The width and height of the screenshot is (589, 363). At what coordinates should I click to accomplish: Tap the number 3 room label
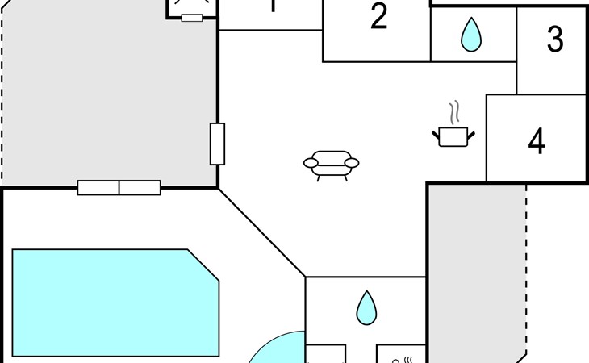coord(554,40)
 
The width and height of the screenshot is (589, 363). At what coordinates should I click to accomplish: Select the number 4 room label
coord(537,142)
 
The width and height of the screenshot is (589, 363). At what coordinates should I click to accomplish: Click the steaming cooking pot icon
coord(453,136)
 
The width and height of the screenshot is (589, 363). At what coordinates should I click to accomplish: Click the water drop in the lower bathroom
coord(367,307)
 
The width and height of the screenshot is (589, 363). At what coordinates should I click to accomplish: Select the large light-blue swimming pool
coord(113,302)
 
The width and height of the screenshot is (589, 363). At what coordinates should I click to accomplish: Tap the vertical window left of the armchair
coord(217,144)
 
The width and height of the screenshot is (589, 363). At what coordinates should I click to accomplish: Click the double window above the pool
coord(119,188)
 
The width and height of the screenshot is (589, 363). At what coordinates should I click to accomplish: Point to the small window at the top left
coord(191,17)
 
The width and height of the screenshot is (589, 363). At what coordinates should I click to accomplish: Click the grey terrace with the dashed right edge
coord(476,266)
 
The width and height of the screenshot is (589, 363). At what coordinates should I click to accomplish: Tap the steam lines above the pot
coord(455,111)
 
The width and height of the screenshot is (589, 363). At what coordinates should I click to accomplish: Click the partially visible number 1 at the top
coord(273,6)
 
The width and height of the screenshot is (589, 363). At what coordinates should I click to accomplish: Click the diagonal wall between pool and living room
coord(261,233)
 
